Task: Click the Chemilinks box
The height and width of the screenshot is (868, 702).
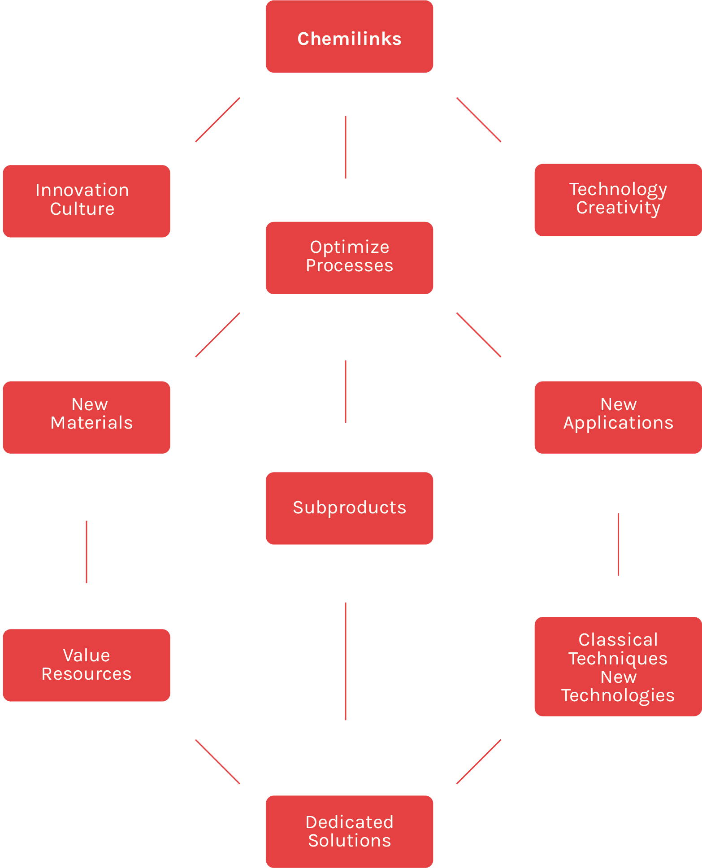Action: (x=349, y=37)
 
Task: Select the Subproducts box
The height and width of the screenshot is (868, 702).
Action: (x=349, y=508)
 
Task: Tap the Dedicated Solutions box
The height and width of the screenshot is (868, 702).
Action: (x=349, y=831)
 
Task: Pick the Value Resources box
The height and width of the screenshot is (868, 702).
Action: (x=87, y=665)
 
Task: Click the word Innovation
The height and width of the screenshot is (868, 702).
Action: (x=82, y=191)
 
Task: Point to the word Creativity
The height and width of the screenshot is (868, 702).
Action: (x=618, y=208)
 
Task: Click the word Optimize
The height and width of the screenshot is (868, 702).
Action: (x=349, y=247)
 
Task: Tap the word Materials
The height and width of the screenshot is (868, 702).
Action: (x=91, y=423)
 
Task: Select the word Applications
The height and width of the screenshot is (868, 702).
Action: (x=618, y=423)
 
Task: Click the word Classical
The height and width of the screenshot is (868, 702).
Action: (x=618, y=640)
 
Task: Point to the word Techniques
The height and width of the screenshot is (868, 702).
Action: (x=618, y=659)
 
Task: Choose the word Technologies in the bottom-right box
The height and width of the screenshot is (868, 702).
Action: (x=618, y=695)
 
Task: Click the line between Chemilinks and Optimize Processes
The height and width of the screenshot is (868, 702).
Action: (x=346, y=147)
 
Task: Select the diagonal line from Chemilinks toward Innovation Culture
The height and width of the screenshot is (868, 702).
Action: (x=217, y=120)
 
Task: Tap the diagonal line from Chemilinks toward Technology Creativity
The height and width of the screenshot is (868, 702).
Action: (x=479, y=120)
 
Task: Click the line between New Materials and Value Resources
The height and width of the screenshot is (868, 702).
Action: (x=87, y=551)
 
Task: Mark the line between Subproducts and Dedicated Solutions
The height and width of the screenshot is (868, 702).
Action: (x=346, y=661)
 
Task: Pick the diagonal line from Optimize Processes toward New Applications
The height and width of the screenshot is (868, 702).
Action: (x=479, y=335)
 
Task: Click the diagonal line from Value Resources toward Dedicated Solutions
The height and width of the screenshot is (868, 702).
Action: (x=217, y=762)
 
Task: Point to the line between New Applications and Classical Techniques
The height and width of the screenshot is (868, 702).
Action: (x=618, y=544)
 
